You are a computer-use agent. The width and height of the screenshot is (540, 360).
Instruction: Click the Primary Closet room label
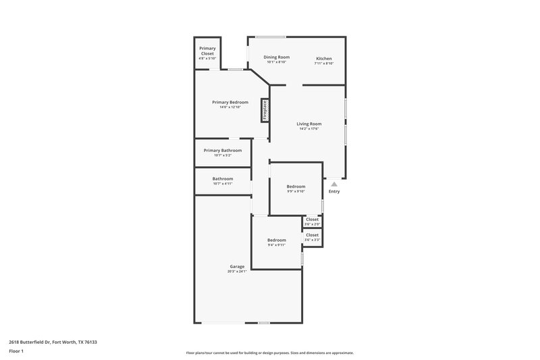point(207,51)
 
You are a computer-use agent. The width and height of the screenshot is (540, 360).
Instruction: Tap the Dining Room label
point(276,57)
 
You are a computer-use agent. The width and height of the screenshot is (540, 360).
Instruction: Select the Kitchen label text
point(324,58)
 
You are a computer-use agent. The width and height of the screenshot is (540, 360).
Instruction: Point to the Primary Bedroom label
point(230,102)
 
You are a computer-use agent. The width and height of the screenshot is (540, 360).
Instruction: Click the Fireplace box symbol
point(265,111)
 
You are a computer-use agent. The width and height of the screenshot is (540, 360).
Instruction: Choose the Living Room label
point(309,124)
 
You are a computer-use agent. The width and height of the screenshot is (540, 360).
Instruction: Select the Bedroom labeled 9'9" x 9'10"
point(296,186)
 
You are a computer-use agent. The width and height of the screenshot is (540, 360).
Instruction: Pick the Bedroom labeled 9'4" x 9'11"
point(276,240)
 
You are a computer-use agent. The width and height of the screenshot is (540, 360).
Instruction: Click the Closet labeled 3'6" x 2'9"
point(312,219)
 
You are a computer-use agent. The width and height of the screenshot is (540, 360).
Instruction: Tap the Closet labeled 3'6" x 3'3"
point(312,234)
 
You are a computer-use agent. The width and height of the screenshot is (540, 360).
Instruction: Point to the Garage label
point(236,267)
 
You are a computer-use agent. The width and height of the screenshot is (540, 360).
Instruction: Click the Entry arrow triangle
point(333,183)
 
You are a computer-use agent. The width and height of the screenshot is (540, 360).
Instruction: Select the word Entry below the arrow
point(334,191)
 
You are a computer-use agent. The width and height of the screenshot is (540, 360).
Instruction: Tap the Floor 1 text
point(17,352)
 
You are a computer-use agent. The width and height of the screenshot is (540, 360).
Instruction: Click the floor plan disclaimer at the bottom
point(269,353)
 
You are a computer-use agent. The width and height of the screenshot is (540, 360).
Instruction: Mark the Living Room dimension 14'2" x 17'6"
point(309,129)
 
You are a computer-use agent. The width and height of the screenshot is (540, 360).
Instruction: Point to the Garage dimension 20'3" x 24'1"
point(236,272)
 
